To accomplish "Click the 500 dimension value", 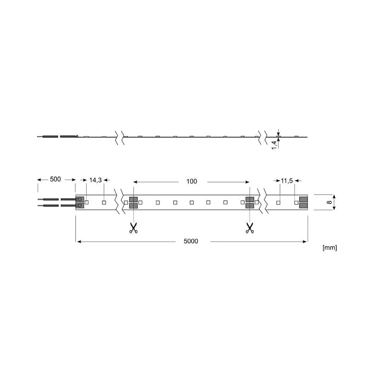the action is coord(55,179).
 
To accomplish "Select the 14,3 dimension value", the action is coord(95,180).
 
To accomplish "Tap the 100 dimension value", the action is coord(192,182).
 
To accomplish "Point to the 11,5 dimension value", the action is coord(286,181).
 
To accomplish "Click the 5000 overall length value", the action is coord(191,241).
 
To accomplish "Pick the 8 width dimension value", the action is coord(329,202).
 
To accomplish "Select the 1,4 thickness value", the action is coord(274,145).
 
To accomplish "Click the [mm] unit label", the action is coord(330,248).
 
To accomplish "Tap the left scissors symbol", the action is coord(133,228).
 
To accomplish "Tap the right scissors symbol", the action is coord(250,228).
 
